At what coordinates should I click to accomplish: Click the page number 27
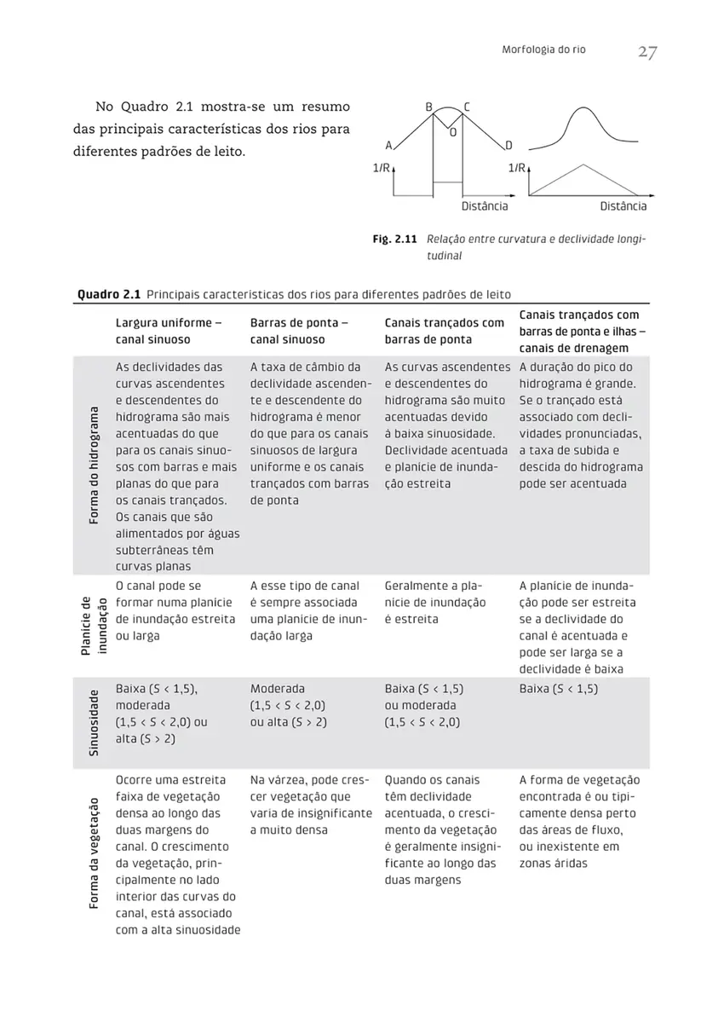(646, 53)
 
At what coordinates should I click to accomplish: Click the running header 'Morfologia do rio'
(545, 51)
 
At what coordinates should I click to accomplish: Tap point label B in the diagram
(430, 107)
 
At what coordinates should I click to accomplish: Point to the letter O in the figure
(452, 133)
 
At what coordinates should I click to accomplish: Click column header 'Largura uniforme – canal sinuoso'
(169, 332)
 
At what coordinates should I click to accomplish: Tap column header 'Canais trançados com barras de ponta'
(445, 332)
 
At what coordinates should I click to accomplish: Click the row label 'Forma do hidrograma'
(94, 465)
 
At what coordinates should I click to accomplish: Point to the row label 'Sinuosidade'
(94, 721)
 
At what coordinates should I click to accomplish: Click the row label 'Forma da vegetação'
(94, 854)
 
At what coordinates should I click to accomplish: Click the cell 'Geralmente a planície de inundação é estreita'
(435, 603)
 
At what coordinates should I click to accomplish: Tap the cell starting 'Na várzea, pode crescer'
(311, 805)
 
